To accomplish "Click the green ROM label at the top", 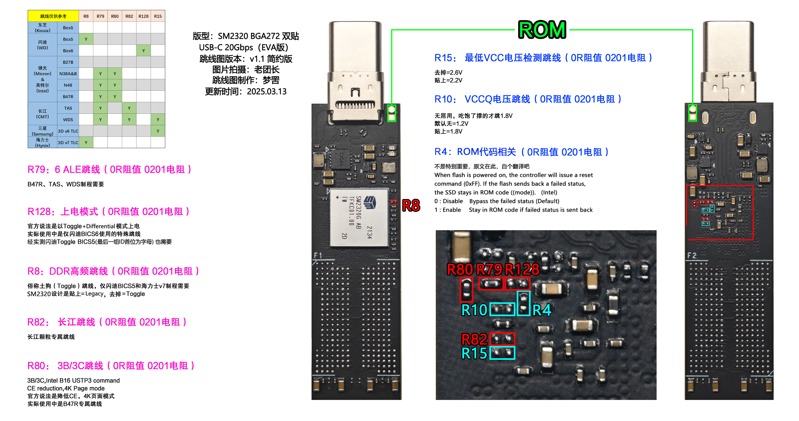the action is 542,30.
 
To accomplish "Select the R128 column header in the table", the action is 143,16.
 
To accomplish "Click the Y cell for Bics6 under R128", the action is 143,50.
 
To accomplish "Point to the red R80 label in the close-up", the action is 460,269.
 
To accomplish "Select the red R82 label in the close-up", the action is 474,339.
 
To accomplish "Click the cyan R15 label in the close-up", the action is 474,353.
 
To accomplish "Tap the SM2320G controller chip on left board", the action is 359,217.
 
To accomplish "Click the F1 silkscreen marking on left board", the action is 318,256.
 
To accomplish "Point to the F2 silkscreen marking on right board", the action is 692,256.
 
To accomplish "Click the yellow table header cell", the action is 53,16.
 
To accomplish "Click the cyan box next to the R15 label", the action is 502,353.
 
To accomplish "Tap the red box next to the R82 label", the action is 502,339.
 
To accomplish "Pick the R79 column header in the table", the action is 100,16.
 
